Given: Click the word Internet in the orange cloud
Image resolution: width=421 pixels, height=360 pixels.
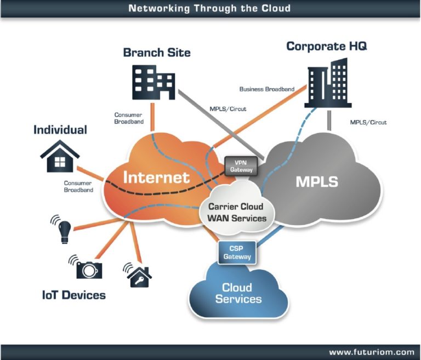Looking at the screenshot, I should pos(156,177).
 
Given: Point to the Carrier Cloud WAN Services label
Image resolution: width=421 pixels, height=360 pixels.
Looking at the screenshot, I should pos(237,213).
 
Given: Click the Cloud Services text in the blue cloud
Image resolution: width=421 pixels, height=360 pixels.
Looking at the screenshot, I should pos(238,293).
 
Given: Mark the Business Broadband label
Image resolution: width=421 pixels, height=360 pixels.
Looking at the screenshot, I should pos(267,89).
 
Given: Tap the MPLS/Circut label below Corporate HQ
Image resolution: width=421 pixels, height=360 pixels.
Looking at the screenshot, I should pos(368,122).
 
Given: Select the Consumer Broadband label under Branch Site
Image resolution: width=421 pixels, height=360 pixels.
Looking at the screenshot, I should pos(129,118).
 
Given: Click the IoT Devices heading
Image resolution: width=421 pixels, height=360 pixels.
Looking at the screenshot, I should pos(73,295).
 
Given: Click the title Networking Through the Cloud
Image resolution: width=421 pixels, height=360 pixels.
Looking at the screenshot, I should pos(209,8).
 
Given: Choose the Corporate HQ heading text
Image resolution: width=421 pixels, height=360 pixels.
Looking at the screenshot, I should pos(326,46).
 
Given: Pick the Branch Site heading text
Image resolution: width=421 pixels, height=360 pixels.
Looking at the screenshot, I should pos(157,53).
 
